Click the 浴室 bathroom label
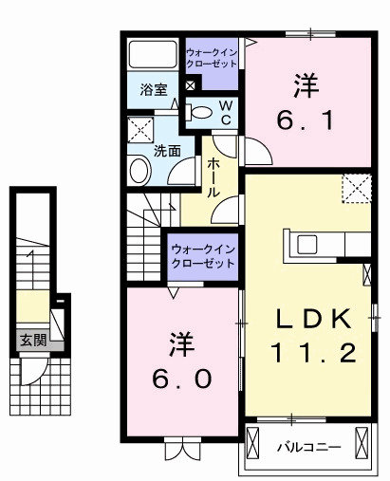coord(154,90)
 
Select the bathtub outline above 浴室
coord(155,56)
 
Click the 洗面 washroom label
coord(168,150)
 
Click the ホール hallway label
coord(214,176)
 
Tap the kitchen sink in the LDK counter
coord(308,244)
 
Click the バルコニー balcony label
coord(302,445)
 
